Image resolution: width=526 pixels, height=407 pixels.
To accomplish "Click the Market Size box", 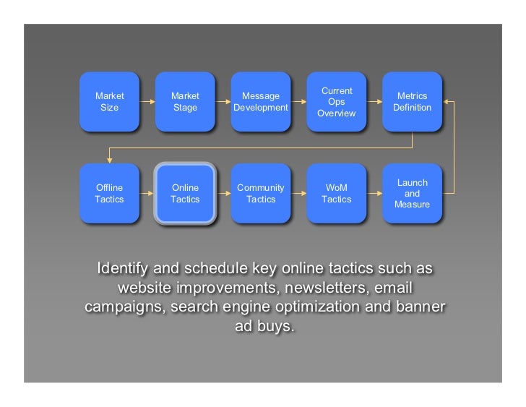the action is (x=109, y=102).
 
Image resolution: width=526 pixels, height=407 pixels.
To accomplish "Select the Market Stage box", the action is (x=185, y=102).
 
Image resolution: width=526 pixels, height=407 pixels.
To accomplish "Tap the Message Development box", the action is (x=260, y=102).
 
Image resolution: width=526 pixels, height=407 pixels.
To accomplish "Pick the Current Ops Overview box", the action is (x=336, y=102).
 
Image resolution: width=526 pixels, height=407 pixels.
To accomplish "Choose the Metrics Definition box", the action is (x=412, y=102).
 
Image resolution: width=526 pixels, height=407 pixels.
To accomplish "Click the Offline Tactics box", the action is (x=109, y=194).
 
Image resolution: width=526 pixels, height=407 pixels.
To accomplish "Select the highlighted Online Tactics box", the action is (x=185, y=194).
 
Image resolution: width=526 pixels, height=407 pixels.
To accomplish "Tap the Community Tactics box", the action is (x=260, y=194).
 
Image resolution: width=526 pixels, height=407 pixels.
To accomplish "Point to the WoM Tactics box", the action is (x=336, y=194).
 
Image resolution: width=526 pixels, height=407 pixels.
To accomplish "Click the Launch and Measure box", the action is (x=412, y=194).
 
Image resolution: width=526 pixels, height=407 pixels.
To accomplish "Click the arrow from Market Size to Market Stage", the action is (x=147, y=102).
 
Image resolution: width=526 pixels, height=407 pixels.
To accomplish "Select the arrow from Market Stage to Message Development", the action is (x=223, y=102).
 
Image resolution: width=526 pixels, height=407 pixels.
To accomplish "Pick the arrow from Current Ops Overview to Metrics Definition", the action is (x=374, y=102).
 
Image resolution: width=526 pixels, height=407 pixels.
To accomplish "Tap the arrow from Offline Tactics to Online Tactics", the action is (x=147, y=194).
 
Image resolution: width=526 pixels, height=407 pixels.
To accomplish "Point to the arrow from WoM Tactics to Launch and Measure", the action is (x=374, y=194).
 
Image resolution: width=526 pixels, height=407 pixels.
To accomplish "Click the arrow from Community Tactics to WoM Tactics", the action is (x=298, y=194).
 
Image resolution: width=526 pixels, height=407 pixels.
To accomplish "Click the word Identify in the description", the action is (x=122, y=269).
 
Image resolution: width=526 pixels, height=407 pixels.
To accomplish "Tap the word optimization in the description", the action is (x=322, y=307).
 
